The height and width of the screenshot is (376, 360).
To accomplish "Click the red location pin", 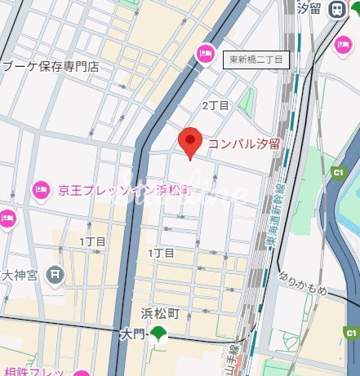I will pos(190,143).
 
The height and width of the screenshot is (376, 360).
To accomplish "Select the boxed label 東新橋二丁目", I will pos(256,60).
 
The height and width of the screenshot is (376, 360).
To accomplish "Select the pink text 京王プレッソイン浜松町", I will pos(124,190).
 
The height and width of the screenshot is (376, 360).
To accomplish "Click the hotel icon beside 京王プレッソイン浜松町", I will pos(40,190).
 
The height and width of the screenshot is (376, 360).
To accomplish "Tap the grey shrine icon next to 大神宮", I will pos(56,274).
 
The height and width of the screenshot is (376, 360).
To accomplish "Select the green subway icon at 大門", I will pos(158,333).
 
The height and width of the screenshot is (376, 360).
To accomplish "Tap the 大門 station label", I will pos(131,334).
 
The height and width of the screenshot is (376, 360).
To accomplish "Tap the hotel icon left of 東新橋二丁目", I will pos(205,54).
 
